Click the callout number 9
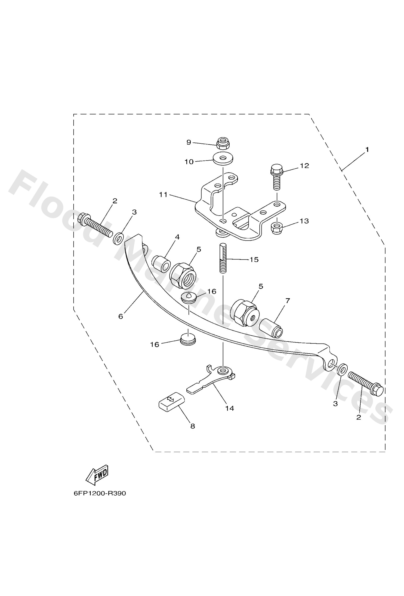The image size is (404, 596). click(x=189, y=142)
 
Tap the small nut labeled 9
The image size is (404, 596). click(x=223, y=143)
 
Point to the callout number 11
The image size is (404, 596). click(x=163, y=195)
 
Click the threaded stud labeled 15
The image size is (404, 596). click(x=223, y=258)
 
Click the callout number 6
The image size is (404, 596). click(x=121, y=316)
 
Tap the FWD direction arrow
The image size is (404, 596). click(x=97, y=475)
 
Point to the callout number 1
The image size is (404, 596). click(x=367, y=149)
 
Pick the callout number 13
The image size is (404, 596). click(x=304, y=221)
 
